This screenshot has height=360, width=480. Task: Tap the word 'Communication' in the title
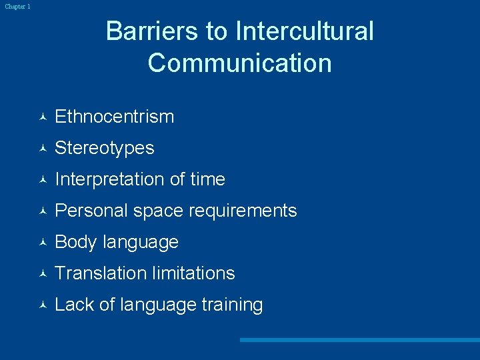[x=239, y=63]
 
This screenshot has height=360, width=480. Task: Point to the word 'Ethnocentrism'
[x=114, y=117]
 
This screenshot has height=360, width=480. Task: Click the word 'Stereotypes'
[x=104, y=148]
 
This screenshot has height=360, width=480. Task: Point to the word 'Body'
[x=76, y=242]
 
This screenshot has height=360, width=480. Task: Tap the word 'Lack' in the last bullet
[x=74, y=305]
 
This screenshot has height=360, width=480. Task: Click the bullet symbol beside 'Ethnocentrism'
[x=42, y=117]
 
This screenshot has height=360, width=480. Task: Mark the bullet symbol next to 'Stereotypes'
[x=42, y=149]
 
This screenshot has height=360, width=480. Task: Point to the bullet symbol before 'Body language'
[x=42, y=243]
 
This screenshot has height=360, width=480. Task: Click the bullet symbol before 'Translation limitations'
[x=42, y=274]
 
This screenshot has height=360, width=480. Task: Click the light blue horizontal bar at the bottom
[x=359, y=340]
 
